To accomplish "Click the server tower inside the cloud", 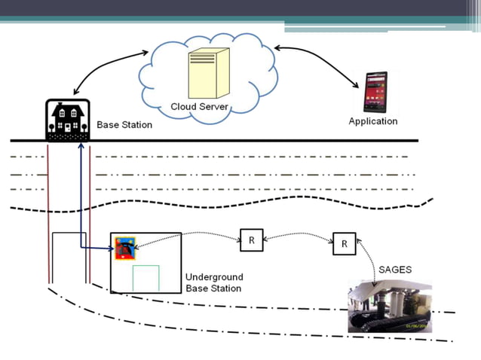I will click(x=210, y=72).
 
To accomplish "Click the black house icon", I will click(x=68, y=120).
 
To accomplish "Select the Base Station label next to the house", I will click(x=124, y=124).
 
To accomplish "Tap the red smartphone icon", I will click(x=375, y=91).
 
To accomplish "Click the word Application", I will click(x=372, y=121).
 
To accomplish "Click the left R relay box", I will click(x=251, y=240).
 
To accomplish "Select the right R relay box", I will click(x=345, y=244).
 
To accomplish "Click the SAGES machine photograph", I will click(x=390, y=306).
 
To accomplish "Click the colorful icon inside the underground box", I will click(x=125, y=247).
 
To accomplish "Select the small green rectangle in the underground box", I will click(x=146, y=278).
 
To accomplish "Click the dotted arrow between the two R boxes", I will click(x=298, y=237).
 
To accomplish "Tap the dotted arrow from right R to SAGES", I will click(x=369, y=260).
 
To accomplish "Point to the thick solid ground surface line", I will click(x=226, y=141).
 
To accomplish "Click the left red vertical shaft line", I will click(x=48, y=211).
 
